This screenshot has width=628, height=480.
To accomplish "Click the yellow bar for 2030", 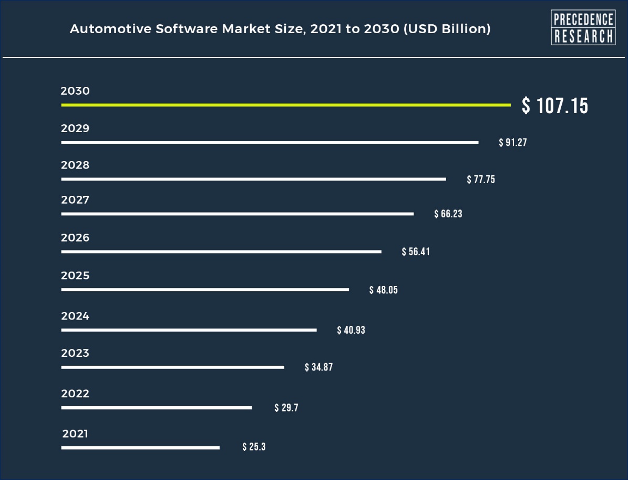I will point(285,105).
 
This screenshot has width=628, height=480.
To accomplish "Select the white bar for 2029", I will point(270,143).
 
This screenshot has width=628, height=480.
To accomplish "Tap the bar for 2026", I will point(221,252).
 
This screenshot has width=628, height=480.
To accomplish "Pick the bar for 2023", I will point(172,367).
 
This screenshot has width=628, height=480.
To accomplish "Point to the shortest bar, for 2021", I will point(140,448).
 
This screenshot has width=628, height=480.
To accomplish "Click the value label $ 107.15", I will point(555,106).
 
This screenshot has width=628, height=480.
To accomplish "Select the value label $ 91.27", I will point(513,143).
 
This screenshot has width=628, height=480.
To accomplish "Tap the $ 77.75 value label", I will point(481,179).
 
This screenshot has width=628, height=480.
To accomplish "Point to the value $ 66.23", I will point(448,214).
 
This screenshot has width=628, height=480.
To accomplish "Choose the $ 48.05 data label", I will point(384,290).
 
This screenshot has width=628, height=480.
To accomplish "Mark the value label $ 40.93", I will point(351,331).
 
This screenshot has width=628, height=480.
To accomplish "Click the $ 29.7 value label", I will point(286,408).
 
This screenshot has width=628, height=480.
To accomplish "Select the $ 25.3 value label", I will point(254,447).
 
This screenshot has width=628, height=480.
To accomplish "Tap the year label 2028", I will point(75,165).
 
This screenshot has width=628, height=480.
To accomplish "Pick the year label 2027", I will point(75,200).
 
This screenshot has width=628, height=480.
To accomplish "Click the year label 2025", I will point(75,276).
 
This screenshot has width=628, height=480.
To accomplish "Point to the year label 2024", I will point(75,316).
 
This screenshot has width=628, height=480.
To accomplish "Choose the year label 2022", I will point(75,394).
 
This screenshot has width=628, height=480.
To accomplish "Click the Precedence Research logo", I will point(583,27).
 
